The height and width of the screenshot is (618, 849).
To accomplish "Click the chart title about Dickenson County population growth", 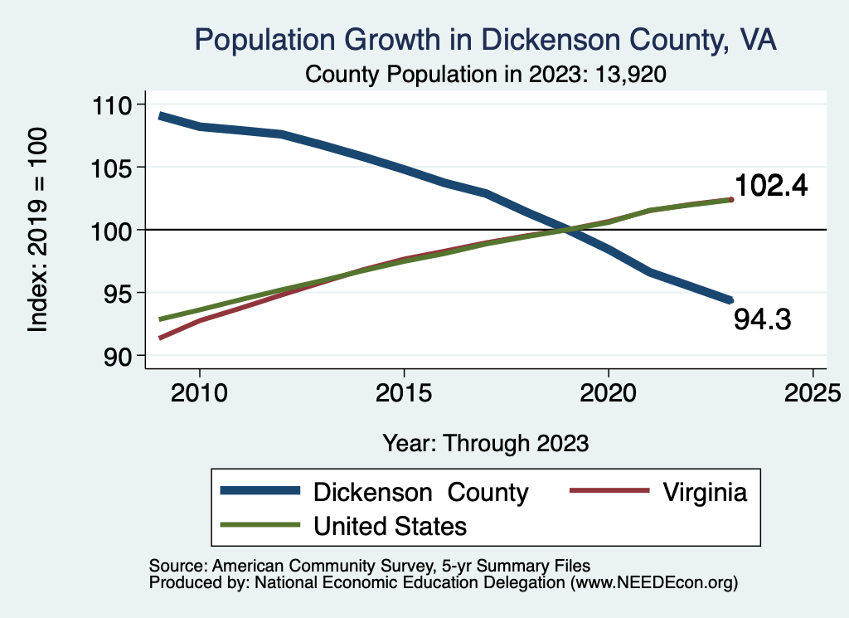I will pos(485,40).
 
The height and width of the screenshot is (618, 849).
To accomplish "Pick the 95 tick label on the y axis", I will pos(126,293).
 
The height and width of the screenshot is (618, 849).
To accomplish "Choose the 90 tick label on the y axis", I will pos(126,355).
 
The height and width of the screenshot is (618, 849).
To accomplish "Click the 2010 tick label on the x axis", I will pos(199,391).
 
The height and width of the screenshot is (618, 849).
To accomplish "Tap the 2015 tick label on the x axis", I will pos(404,391).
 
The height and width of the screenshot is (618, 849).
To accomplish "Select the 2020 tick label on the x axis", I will pos(609,391).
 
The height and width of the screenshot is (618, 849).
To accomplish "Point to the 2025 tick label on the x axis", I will pos(813,391).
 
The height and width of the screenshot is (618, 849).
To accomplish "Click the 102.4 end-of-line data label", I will pos(771,186).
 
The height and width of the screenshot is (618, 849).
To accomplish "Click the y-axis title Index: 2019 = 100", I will pos(38,230).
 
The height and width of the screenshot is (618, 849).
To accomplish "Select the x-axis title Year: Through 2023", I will pos(486,443).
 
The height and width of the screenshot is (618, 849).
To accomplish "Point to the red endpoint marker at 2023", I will pos(731,199).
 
